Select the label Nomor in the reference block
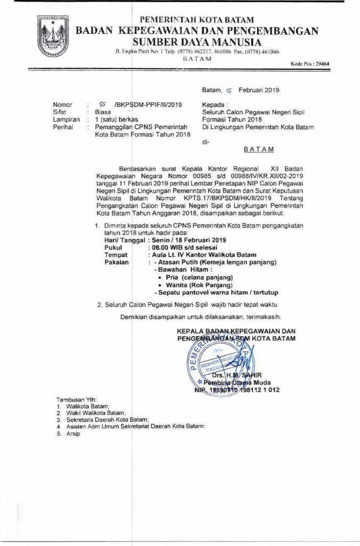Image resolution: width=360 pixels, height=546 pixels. click(62, 105)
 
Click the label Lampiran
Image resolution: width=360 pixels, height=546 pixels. click(66, 120)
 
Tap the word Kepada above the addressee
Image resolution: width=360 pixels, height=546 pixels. click(214, 105)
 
